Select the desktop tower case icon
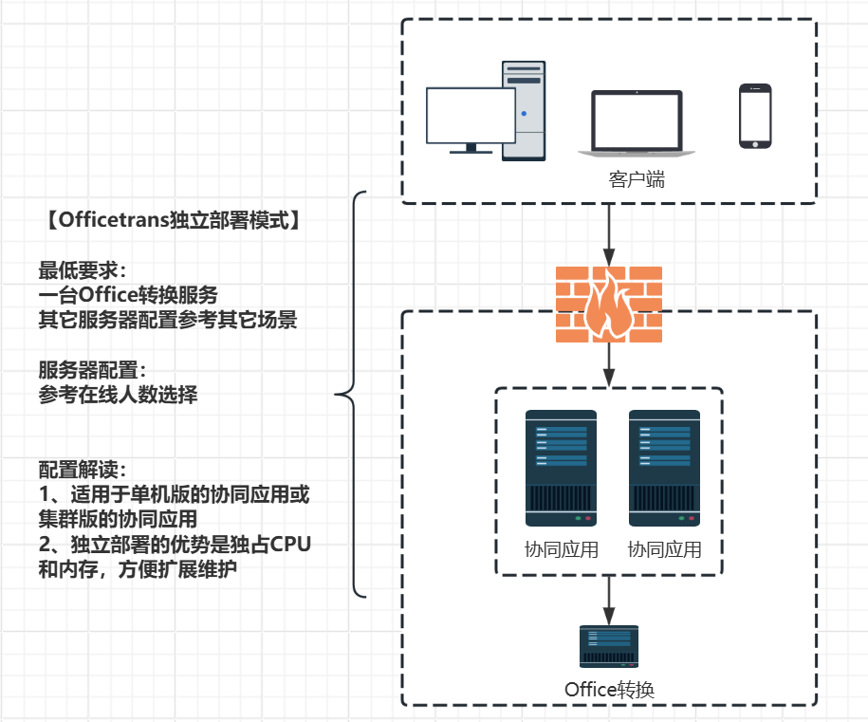pos(524,110)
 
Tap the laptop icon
pos(637,124)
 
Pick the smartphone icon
pos(755,116)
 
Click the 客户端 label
pos(637,179)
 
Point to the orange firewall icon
pos(608,304)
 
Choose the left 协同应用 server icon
pos(561,468)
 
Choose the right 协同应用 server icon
pos(664,468)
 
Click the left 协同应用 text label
pos(561,549)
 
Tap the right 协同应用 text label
pos(664,549)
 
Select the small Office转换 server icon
pos(608,647)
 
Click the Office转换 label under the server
pos(608,690)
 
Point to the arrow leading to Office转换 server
pos(608,598)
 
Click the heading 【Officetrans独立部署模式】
pos(174,220)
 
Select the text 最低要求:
pos(82,269)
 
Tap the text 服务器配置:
pos(92,370)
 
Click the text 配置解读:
pos(82,470)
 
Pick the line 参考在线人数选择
pos(118,395)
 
